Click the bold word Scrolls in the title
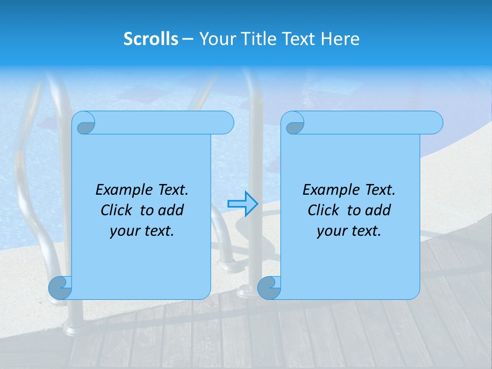tap(151, 39)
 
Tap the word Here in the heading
tap(340, 39)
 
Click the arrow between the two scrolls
tap(243, 204)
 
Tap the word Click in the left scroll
tap(117, 210)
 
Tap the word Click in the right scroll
tap(324, 210)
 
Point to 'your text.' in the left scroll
tap(142, 231)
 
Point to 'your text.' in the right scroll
tap(349, 231)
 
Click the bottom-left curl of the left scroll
tap(60, 288)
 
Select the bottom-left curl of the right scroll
tap(269, 288)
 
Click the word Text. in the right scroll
tap(380, 190)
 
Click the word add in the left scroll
tap(172, 210)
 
